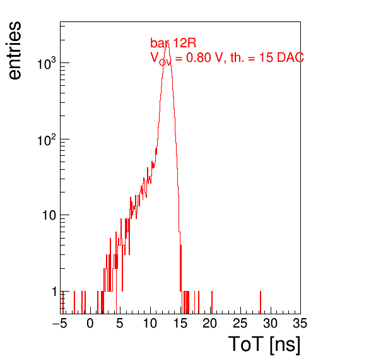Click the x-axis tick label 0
click(90, 323)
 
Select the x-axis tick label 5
click(120, 323)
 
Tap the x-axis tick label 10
click(150, 323)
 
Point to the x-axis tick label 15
click(180, 323)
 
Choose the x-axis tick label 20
click(210, 323)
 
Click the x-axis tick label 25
click(240, 323)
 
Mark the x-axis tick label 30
click(271, 323)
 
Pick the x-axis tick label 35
click(300, 323)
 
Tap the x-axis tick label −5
click(60, 323)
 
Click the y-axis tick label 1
click(54, 292)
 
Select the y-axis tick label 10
click(49, 215)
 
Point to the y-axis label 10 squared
click(47, 139)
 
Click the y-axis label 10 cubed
click(47, 63)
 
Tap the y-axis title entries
click(15, 50)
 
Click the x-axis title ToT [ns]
click(264, 344)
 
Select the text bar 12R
click(173, 43)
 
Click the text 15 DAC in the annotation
click(281, 57)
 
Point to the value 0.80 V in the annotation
click(204, 57)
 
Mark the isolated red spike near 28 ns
click(261, 302)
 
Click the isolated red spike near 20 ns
click(212, 302)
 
